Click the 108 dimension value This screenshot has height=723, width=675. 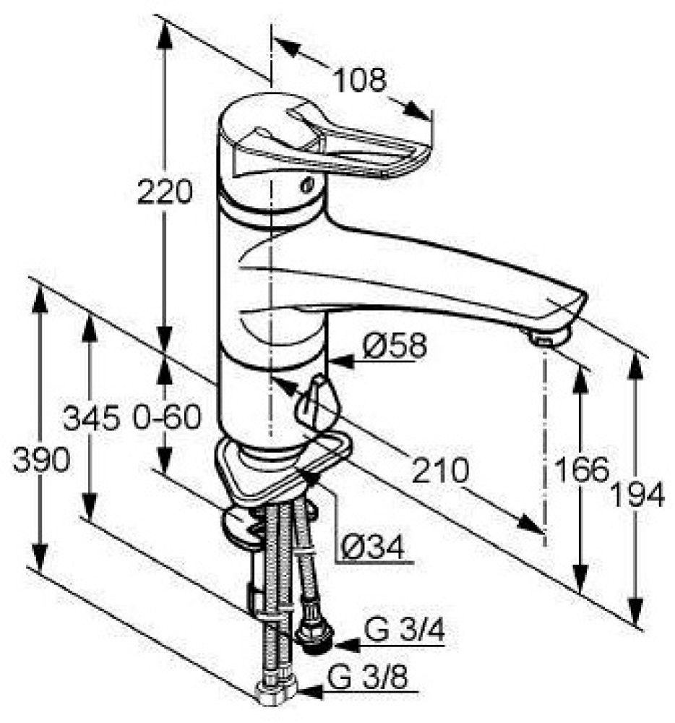pyautogui.click(x=359, y=80)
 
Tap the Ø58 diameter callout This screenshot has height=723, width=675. pyautogui.click(x=395, y=346)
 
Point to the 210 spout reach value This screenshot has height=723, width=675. pyautogui.click(x=440, y=471)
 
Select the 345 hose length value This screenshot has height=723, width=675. pyautogui.click(x=90, y=417)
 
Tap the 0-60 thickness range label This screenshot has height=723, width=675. pyautogui.click(x=165, y=417)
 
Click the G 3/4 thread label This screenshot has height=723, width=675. pyautogui.click(x=404, y=632)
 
